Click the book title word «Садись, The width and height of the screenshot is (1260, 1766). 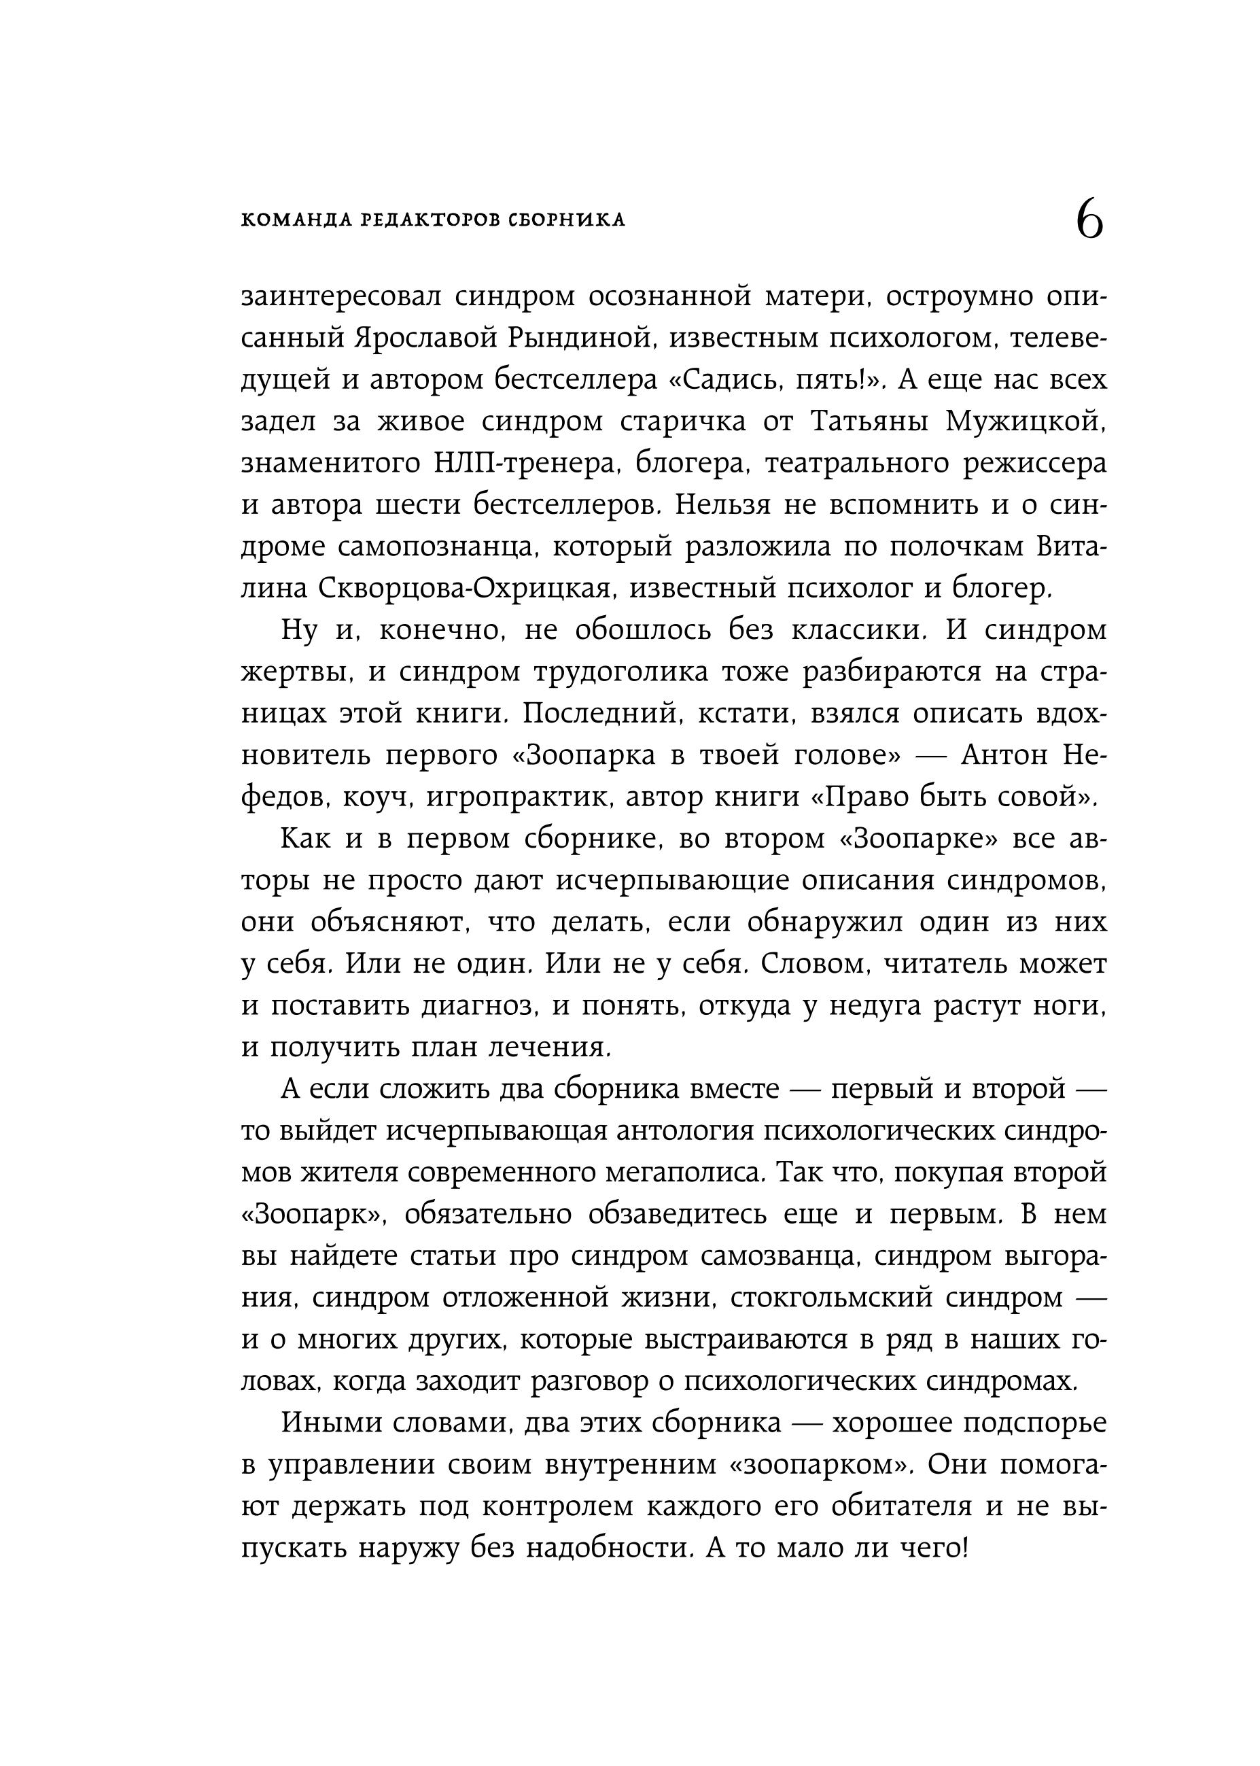pos(722,380)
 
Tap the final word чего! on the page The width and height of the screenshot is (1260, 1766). pos(937,1548)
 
